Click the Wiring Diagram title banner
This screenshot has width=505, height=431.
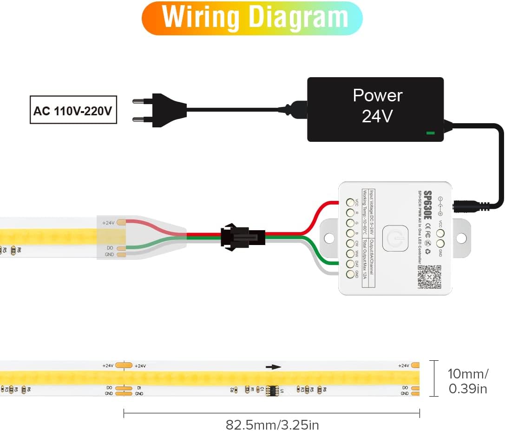[252, 18]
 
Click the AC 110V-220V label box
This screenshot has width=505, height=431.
[73, 110]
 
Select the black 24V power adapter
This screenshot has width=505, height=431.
[375, 109]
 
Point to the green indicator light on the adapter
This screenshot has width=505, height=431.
[431, 133]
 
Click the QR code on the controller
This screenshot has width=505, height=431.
[429, 277]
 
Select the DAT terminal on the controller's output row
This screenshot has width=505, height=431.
[350, 264]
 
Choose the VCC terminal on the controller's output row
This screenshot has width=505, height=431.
[350, 203]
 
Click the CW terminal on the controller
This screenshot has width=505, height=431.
[350, 244]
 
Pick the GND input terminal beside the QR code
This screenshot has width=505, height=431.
[440, 243]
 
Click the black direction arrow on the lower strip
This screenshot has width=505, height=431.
[273, 367]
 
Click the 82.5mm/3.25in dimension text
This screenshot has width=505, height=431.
[272, 424]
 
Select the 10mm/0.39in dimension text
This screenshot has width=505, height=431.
[468, 381]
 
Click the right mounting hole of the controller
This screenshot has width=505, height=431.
[461, 239]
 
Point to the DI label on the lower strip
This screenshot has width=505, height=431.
[139, 388]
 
